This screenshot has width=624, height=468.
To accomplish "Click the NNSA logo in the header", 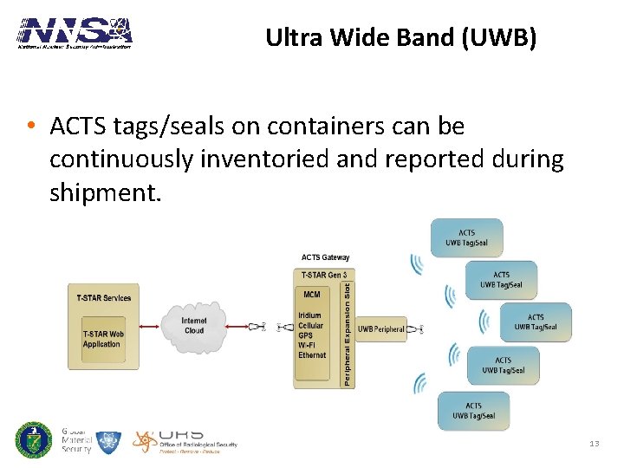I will (x=75, y=33).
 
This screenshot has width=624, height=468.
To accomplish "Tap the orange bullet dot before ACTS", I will (x=30, y=127).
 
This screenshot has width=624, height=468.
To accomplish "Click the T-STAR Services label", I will (x=104, y=298).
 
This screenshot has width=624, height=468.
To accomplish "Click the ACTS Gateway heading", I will (x=325, y=257).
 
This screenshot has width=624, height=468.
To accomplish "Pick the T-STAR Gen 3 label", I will (x=324, y=275).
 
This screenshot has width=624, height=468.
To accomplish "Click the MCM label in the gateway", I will (x=312, y=295).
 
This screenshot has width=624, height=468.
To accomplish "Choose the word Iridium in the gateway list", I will (x=309, y=316).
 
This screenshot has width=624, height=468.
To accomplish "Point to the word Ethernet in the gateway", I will (x=312, y=355).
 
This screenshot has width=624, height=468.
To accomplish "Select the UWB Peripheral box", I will (x=381, y=328).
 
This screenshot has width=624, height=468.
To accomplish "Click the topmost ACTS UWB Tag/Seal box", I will (x=466, y=237).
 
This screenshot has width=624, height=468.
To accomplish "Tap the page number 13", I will (x=594, y=444).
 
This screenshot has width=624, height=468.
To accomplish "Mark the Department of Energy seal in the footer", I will (x=34, y=439).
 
